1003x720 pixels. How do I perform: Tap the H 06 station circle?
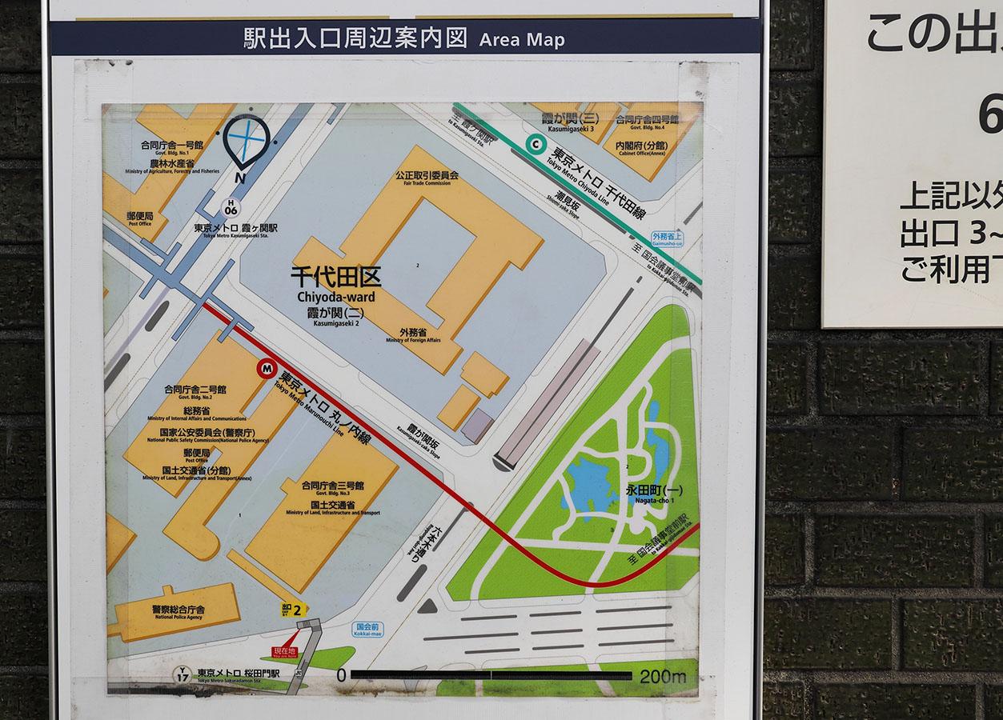click(x=231, y=207)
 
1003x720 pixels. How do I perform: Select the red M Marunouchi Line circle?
click(x=267, y=369)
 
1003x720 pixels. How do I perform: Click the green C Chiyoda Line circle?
click(x=534, y=144)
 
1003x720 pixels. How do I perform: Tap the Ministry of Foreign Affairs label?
click(x=413, y=335)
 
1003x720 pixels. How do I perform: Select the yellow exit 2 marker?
click(x=295, y=610)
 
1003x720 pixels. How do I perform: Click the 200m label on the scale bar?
click(x=662, y=677)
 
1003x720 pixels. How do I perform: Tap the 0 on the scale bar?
click(x=342, y=675)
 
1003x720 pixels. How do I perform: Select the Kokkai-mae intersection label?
click(x=367, y=630)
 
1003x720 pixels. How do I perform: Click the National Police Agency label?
click(x=178, y=613)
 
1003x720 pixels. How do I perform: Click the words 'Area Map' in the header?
click(x=522, y=39)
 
